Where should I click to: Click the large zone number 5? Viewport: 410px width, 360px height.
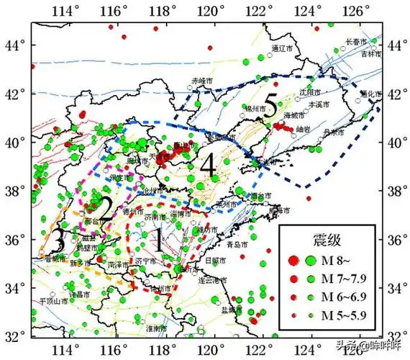pyautogui.click(x=270, y=107)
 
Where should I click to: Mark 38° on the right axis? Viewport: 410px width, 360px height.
pyautogui.click(x=396, y=192)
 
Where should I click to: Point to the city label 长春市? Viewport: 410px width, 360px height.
pyautogui.click(x=357, y=42)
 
